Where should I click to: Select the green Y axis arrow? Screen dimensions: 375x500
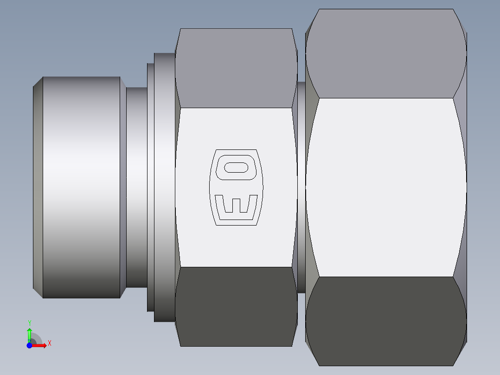(x=29, y=334)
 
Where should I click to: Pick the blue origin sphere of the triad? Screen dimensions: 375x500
(x=29, y=345)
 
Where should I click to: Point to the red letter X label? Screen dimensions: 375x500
(x=49, y=343)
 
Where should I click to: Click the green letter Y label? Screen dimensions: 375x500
(x=29, y=323)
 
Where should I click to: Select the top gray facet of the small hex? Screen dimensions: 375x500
(x=237, y=68)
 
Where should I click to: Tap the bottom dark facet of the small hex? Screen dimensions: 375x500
(x=237, y=306)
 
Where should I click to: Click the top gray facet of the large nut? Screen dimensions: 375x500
(x=386, y=53)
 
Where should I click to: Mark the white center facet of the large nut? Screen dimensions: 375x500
(x=386, y=187)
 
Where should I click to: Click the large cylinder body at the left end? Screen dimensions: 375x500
(x=81, y=187)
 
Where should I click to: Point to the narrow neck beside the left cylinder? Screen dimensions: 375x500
(x=136, y=187)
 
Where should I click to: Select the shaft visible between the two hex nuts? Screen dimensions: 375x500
(x=301, y=187)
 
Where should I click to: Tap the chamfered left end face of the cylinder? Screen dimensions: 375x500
(x=38, y=187)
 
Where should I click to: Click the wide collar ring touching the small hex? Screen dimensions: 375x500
(x=164, y=187)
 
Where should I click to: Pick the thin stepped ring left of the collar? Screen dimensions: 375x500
(x=150, y=187)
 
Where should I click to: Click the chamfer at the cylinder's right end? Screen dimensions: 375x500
(x=123, y=187)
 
